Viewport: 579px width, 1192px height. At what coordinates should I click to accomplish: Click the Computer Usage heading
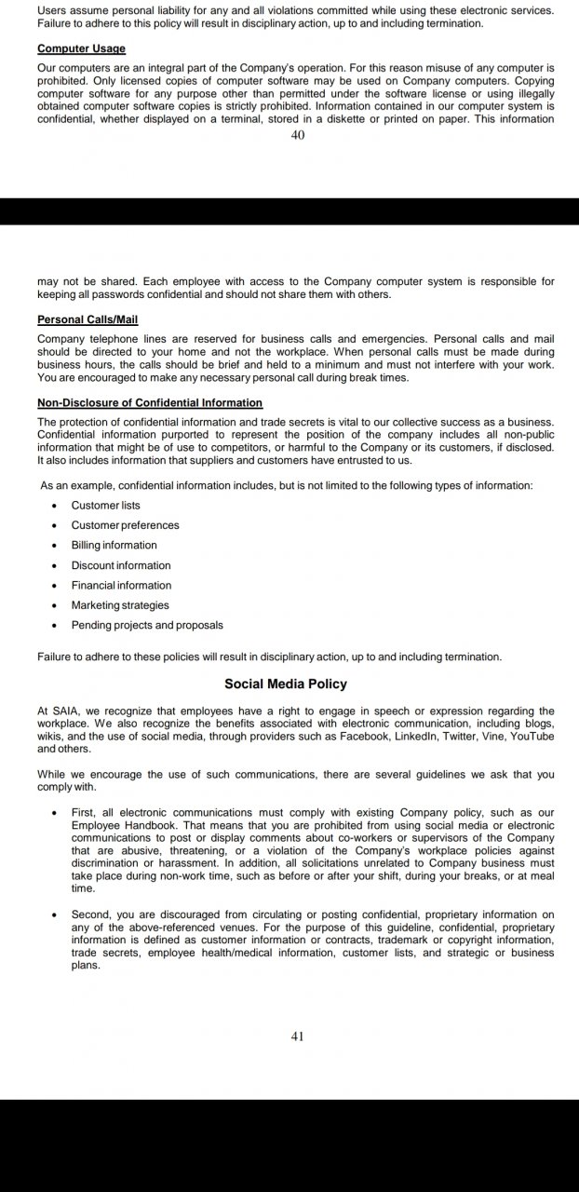tap(81, 48)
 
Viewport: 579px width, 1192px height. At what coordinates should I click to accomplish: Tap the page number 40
tap(298, 135)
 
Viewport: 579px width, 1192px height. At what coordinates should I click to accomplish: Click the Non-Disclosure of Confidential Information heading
tap(150, 403)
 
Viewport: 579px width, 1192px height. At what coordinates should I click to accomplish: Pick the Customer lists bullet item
tap(106, 505)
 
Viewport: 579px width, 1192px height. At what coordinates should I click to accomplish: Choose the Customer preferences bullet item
tap(125, 525)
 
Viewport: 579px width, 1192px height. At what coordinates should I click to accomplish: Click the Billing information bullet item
tap(114, 545)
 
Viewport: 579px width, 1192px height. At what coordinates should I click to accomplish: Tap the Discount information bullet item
tap(121, 565)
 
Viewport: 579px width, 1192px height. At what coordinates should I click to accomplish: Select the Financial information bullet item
tap(121, 585)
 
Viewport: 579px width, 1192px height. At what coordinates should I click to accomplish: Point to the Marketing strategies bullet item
tap(120, 605)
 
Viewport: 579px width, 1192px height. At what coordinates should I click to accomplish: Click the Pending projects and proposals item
tap(147, 625)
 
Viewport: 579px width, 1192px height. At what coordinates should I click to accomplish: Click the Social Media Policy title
tap(286, 684)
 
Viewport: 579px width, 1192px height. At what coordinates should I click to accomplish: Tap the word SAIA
tap(66, 711)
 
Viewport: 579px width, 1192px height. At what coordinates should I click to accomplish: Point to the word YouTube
tap(532, 736)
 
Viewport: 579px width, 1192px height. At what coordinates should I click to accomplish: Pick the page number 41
tap(298, 1036)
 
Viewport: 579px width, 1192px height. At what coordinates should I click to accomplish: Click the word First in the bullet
tap(85, 813)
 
